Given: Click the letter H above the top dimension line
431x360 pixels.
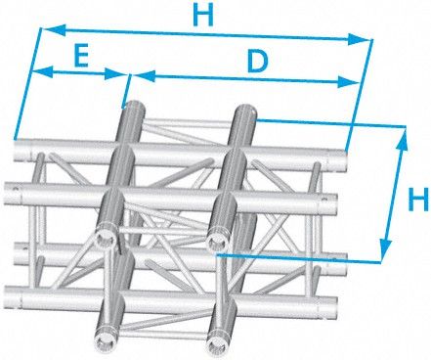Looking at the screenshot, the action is coord(203,15).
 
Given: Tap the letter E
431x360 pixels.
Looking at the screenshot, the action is coord(81,56).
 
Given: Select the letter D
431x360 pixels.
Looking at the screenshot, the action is coord(257,62).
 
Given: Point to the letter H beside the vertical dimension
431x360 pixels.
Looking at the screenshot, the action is coord(418,199).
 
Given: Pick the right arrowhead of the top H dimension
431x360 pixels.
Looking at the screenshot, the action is coord(360,39).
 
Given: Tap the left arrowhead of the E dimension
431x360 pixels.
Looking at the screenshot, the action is coord(43,71).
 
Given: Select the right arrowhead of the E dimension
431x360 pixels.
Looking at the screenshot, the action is coord(115,74).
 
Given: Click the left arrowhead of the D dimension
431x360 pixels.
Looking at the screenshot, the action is coord(144,75).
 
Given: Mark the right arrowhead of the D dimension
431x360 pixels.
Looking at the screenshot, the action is coord(348,82).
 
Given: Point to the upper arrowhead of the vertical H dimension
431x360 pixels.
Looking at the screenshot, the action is coord(403,139).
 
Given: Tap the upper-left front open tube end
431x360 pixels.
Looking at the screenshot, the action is coord(106,238).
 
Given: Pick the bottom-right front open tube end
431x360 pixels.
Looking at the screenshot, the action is coord(216,340).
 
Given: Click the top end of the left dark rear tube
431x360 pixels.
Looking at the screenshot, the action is coord(134,108).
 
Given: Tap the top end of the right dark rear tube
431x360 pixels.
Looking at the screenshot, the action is coord(245,112).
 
